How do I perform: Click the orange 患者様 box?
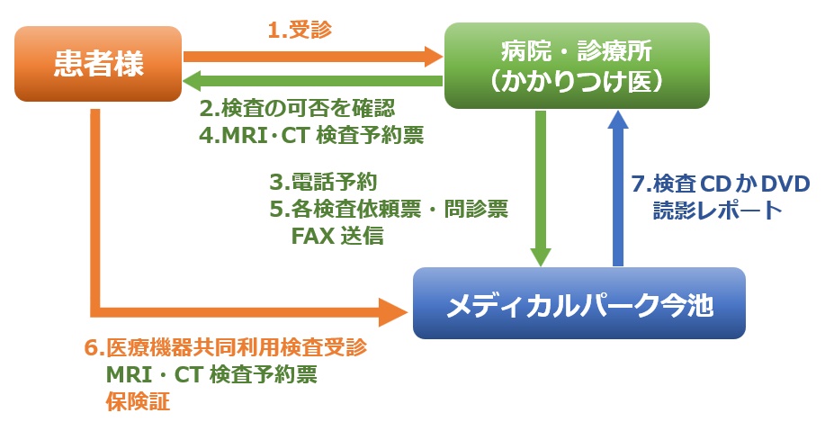tap(98, 64)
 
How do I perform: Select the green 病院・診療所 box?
tap(577, 66)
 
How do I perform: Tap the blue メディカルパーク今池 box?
tap(578, 303)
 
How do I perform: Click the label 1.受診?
tap(300, 30)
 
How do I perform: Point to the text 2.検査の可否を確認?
tap(297, 108)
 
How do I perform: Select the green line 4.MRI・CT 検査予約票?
tap(311, 136)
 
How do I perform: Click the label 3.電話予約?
tap(324, 182)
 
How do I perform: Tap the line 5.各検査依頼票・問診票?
tap(390, 210)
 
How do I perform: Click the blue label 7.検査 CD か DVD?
tap(721, 184)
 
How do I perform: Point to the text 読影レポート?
tap(718, 211)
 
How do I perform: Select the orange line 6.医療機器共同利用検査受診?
tap(226, 348)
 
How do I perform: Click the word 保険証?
tap(138, 401)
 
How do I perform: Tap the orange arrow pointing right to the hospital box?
tap(312, 57)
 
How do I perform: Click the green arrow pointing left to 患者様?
tap(312, 81)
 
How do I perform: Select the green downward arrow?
tap(541, 188)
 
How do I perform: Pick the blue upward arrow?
tap(618, 188)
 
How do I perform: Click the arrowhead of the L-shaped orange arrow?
tap(396, 312)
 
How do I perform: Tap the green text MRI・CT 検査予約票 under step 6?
tap(211, 374)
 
